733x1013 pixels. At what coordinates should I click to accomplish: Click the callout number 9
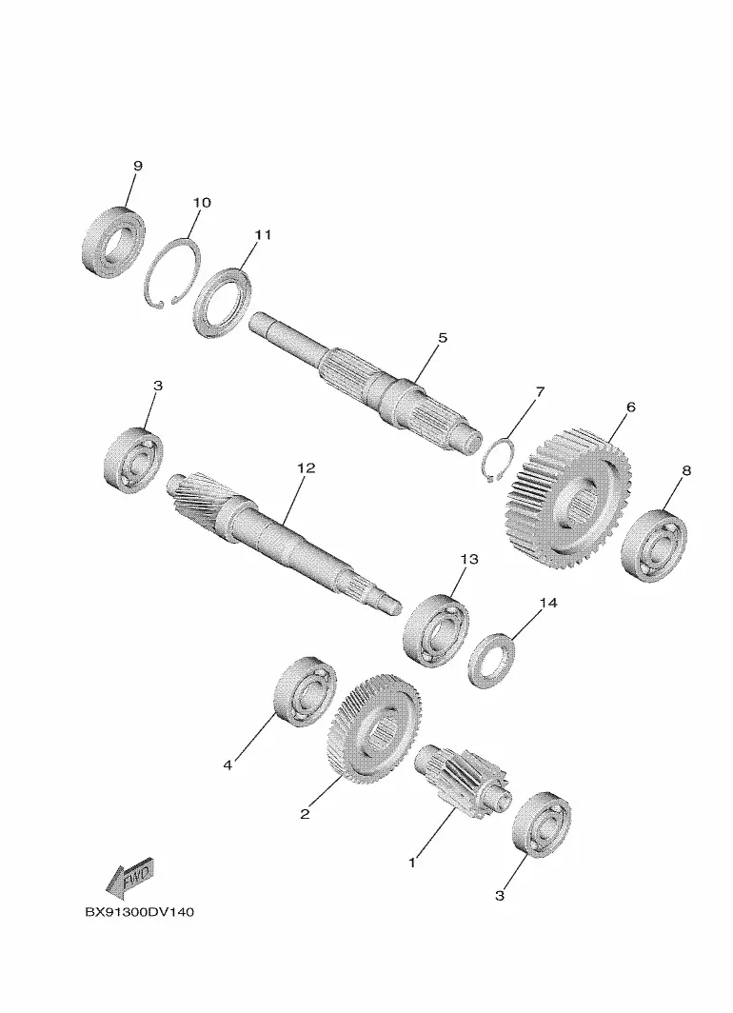coord(138,166)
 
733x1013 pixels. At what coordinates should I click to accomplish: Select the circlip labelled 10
coord(171,273)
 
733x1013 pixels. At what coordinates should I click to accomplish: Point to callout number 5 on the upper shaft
coord(442,337)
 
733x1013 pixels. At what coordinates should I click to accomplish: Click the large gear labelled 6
coord(565,497)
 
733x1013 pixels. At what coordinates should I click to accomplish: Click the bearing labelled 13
coord(436,626)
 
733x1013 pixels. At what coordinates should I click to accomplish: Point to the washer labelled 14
coord(492,663)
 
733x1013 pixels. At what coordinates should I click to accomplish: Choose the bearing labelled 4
coord(306,690)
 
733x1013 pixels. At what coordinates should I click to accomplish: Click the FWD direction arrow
coord(129,878)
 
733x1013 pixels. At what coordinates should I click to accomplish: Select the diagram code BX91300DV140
coord(140,912)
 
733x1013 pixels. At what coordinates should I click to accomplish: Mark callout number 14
coord(547,602)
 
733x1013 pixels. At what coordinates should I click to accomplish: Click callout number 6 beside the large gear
coord(630,407)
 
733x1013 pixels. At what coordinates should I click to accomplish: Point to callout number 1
coord(411,862)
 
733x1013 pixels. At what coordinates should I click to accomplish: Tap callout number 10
coord(202,202)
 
